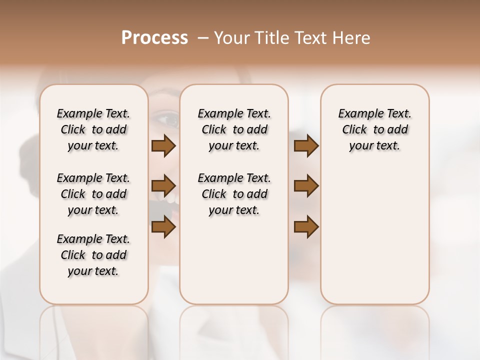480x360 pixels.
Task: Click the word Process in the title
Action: pos(154,38)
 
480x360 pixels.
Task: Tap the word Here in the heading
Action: pos(351,38)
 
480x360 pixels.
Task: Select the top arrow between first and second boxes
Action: pos(163,146)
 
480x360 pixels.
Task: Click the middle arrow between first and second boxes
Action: pos(163,186)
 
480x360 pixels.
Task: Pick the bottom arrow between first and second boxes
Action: pos(163,227)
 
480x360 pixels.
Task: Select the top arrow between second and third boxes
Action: pos(306,146)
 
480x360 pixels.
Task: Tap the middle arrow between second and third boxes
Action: pos(306,186)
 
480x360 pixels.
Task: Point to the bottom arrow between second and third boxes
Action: pos(306,227)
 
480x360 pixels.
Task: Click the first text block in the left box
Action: pos(93,129)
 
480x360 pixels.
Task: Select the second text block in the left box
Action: pos(93,194)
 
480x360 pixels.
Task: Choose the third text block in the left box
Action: pos(93,255)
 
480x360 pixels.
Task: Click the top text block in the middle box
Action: pos(234,129)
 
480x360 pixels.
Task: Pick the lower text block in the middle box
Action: pos(234,194)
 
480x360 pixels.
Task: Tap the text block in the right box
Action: pos(374,129)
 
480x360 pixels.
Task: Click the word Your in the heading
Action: pos(231,38)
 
